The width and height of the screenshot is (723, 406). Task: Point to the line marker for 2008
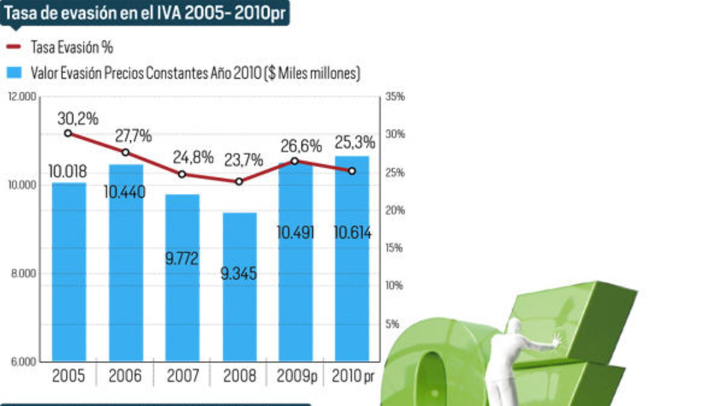(239, 181)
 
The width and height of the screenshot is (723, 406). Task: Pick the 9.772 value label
(182, 259)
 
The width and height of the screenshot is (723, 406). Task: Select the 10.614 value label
(352, 233)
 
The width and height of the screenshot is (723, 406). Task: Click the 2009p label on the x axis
(296, 377)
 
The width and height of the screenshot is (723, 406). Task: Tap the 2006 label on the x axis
(125, 377)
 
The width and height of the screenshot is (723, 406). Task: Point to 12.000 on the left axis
(23, 97)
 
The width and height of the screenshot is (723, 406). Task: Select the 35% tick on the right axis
(395, 97)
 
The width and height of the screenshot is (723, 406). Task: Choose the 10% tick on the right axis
(395, 286)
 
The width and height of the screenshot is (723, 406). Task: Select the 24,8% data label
(193, 158)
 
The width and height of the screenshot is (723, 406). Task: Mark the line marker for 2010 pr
(352, 171)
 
